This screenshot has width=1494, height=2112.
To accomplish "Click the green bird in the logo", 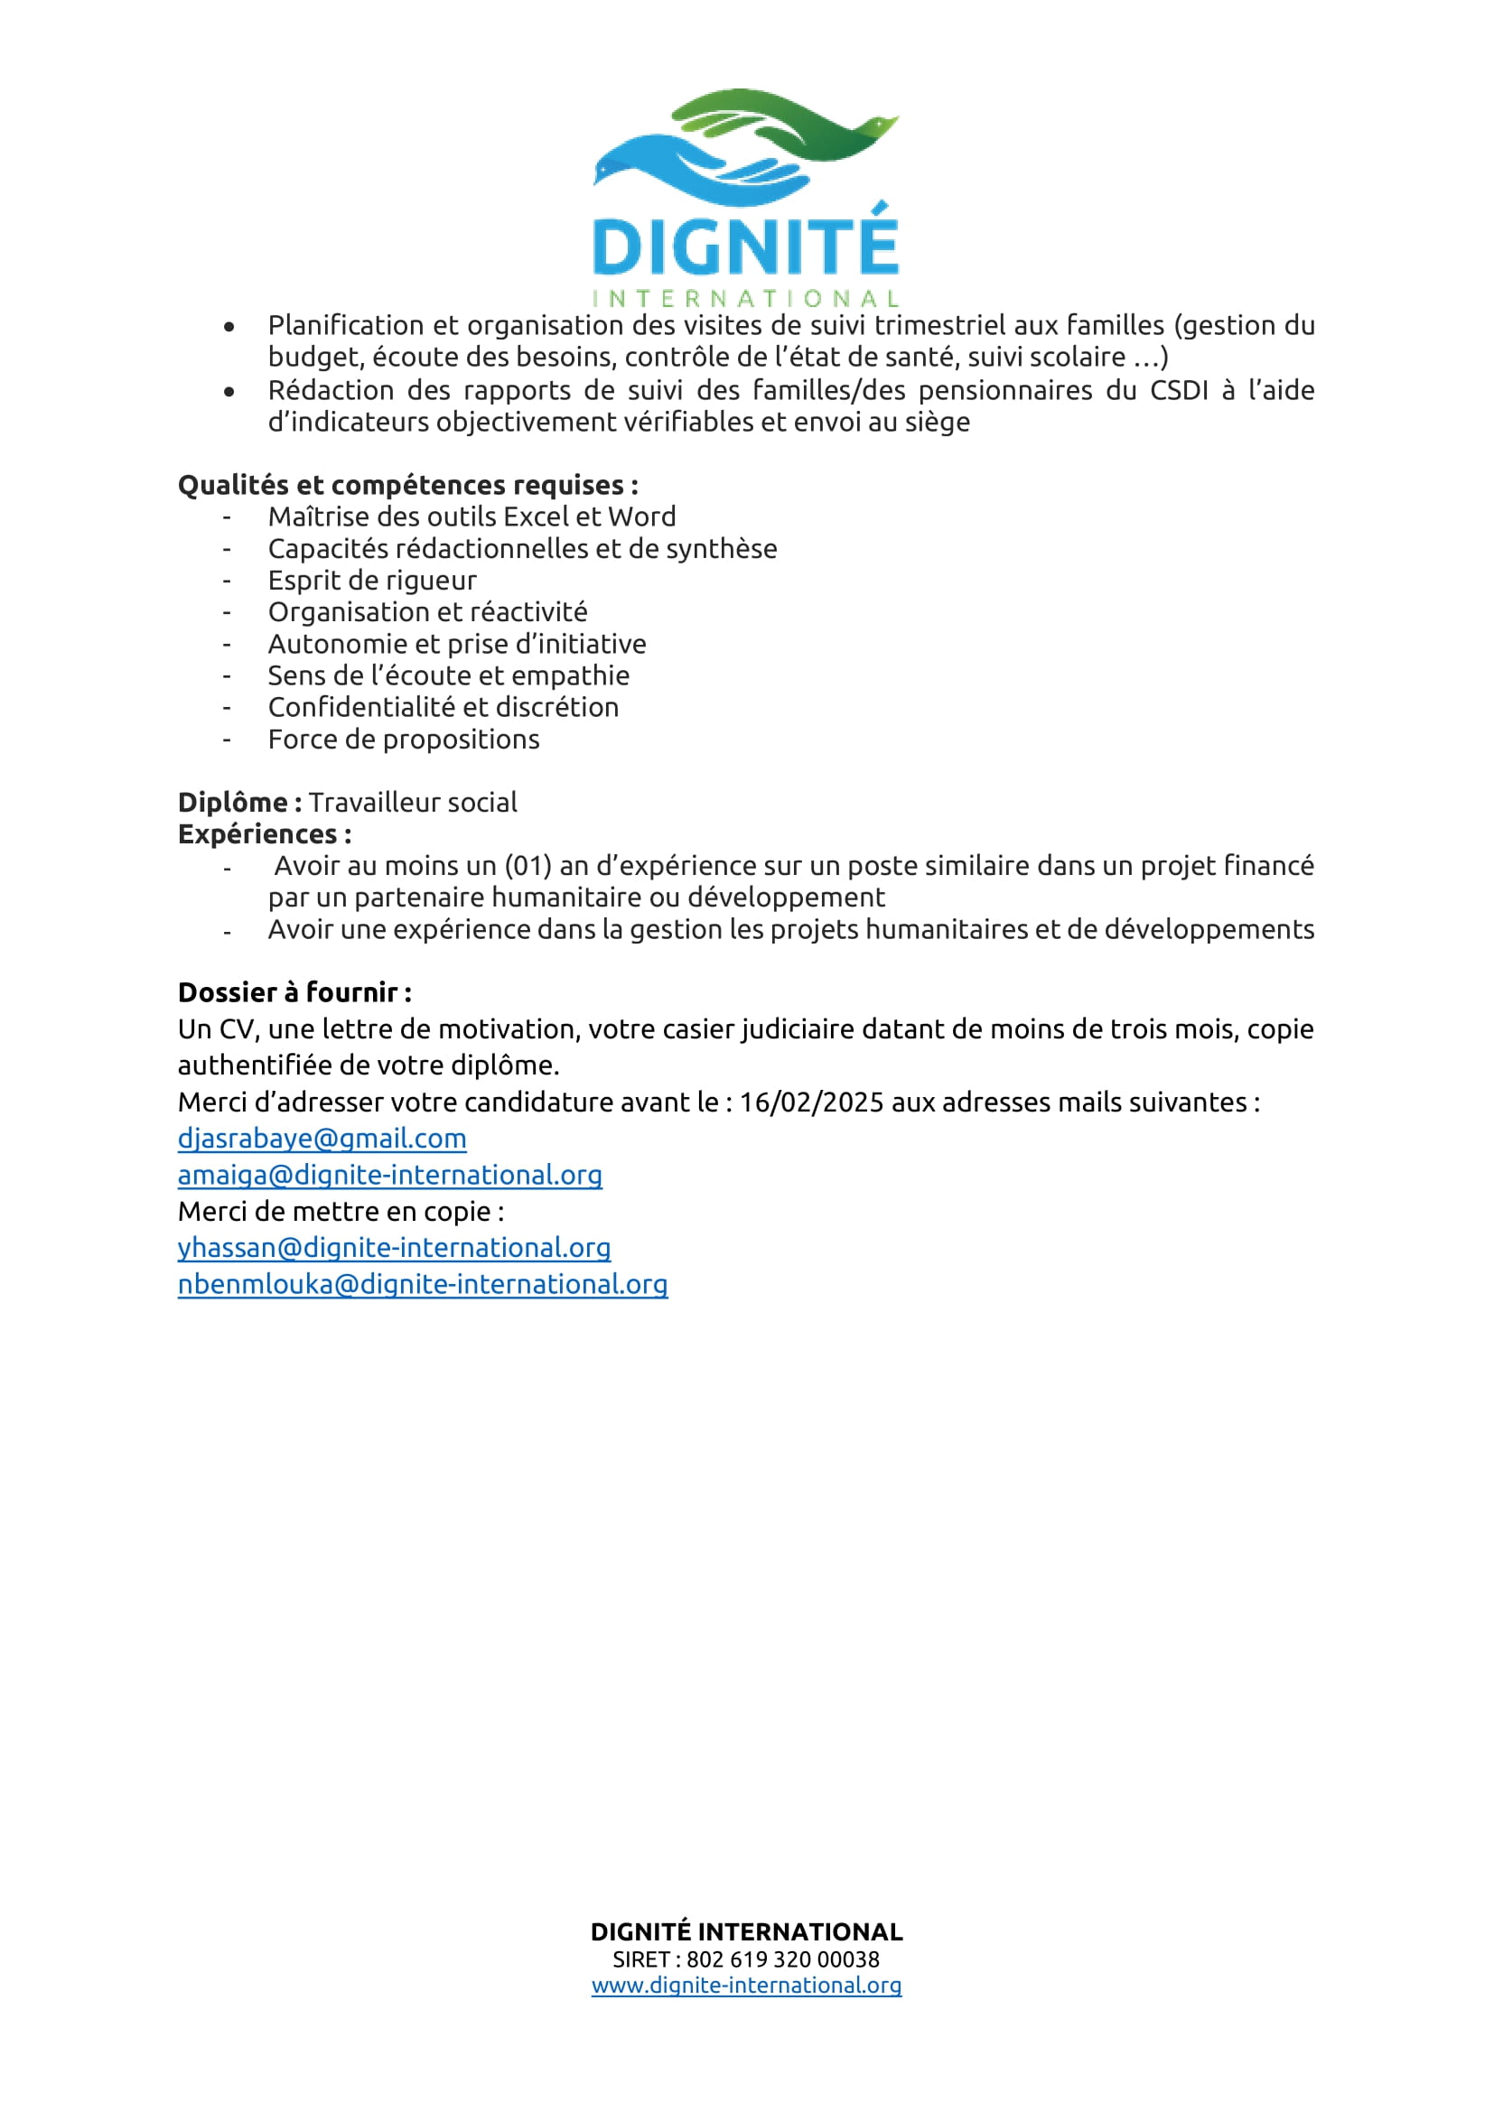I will click(791, 125).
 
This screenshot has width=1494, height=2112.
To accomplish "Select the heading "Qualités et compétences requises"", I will click(407, 485).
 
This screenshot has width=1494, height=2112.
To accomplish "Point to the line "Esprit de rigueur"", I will click(371, 581).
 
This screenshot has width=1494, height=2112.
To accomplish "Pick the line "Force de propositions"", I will click(403, 740).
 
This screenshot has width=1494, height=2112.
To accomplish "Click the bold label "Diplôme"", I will click(234, 802).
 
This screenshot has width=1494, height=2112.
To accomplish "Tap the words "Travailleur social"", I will click(413, 802).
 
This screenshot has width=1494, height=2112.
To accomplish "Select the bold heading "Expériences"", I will click(257, 834).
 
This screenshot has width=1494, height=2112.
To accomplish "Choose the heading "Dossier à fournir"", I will click(288, 992).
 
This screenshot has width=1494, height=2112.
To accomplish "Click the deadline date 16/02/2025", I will click(811, 1102).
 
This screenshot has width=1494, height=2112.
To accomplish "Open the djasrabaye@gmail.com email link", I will click(322, 1139).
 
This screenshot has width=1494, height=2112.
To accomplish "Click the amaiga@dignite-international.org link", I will click(390, 1176).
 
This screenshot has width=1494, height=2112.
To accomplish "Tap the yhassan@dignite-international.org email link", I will click(394, 1248).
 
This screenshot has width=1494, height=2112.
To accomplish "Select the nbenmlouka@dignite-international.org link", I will click(422, 1284).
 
